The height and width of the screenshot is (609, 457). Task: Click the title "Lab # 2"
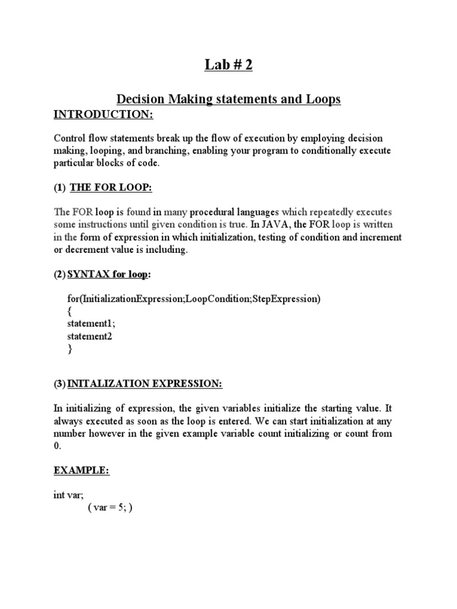pyautogui.click(x=228, y=65)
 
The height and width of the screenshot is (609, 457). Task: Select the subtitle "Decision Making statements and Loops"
pyautogui.click(x=228, y=99)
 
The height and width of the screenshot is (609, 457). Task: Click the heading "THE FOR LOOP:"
pyautogui.click(x=111, y=188)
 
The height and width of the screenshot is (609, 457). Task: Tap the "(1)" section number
pyautogui.click(x=60, y=188)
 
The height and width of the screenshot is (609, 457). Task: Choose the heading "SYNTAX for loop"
pyautogui.click(x=108, y=275)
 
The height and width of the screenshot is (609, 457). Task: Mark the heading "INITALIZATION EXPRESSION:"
pyautogui.click(x=145, y=384)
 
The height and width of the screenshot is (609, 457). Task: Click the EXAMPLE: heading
pyautogui.click(x=82, y=470)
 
